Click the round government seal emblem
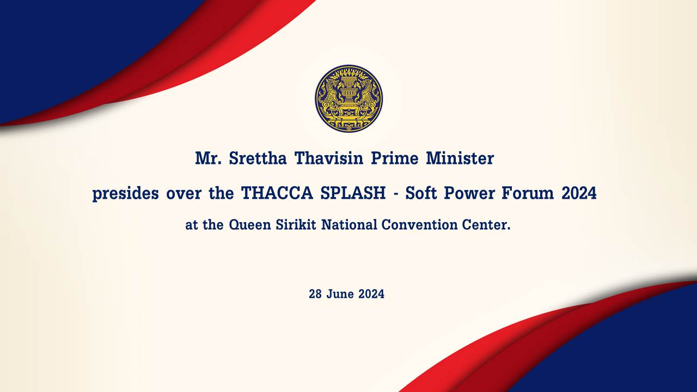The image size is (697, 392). [349, 99]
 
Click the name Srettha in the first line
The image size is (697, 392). [258, 158]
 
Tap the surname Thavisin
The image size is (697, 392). [329, 158]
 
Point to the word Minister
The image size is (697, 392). [460, 158]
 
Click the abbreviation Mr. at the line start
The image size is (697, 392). [208, 158]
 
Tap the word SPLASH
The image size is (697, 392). [353, 193]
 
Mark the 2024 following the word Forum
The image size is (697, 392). [579, 193]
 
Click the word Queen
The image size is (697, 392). [250, 225]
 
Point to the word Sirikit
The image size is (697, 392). [296, 225]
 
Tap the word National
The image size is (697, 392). [349, 225]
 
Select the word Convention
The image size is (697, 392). [420, 225]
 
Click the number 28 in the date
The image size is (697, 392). [315, 294]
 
